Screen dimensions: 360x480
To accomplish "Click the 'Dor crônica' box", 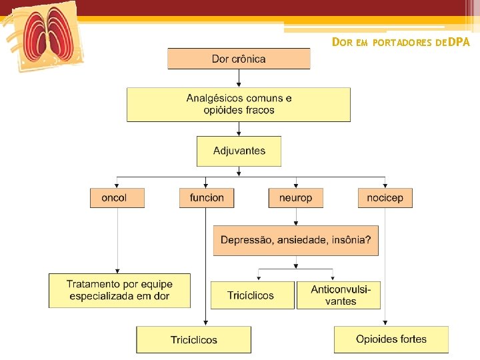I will [239, 59].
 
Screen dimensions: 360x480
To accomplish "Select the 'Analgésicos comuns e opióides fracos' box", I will [239, 105].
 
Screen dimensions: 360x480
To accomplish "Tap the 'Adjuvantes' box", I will [239, 151].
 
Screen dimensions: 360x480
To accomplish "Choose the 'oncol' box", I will [117, 198].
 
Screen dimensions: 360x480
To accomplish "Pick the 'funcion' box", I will [206, 198].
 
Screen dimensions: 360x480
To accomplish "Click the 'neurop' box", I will [295, 198].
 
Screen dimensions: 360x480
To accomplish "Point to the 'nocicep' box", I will [385, 198].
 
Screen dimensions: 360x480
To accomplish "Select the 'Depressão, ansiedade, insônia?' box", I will [295, 240].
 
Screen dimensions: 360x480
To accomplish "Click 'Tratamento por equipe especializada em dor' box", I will [119, 291].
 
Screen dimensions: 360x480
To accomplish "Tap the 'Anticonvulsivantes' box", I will [339, 295].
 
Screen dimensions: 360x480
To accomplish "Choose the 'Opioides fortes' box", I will [391, 339].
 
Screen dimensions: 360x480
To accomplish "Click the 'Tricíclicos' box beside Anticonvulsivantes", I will [251, 295].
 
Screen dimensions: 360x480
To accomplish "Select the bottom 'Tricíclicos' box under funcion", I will [193, 339].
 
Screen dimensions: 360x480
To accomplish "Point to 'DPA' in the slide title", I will [459, 43].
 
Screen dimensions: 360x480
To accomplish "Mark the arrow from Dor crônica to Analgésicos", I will [239, 79].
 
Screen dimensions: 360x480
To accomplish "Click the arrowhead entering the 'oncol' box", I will [117, 185].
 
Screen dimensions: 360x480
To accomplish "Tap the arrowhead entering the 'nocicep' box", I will [385, 185].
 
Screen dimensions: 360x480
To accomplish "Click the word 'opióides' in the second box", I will [224, 110].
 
